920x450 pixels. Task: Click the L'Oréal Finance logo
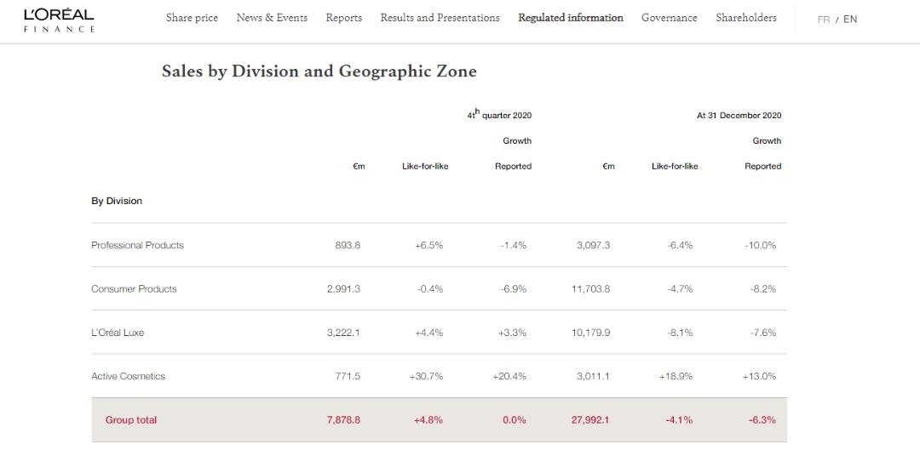tap(59, 20)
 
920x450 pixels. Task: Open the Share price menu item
tap(192, 18)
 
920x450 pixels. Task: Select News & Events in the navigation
tap(272, 18)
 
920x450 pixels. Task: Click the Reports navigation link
tap(343, 18)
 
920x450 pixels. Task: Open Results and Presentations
tap(440, 18)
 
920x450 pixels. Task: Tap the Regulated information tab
tap(570, 18)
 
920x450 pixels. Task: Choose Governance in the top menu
tap(669, 18)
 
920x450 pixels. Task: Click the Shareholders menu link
tap(745, 18)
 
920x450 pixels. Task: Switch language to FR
tap(823, 20)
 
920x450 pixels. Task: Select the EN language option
tap(850, 20)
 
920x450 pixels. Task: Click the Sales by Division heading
tap(319, 71)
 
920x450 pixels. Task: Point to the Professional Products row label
tap(137, 245)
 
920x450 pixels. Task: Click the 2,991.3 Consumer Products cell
tap(343, 289)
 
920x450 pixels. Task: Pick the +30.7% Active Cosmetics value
tap(428, 376)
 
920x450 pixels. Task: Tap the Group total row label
tap(131, 420)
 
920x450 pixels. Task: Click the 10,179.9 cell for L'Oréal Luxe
tap(590, 333)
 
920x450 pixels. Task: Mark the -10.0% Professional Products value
tap(760, 245)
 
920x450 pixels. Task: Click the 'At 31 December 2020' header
tap(739, 116)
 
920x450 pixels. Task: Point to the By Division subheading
tap(117, 202)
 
